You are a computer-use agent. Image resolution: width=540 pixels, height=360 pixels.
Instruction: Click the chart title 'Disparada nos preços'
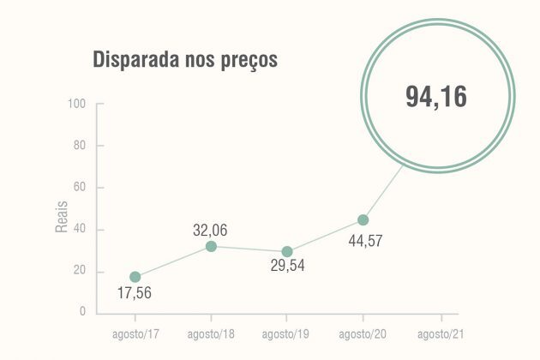184,62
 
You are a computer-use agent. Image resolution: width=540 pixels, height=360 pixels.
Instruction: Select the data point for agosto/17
135,277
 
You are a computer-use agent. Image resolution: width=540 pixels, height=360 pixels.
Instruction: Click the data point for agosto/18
211,247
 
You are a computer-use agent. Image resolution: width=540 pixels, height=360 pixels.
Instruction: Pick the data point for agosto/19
287,252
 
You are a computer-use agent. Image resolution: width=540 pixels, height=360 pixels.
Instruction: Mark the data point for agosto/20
363,220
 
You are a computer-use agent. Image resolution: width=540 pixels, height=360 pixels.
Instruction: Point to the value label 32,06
210,230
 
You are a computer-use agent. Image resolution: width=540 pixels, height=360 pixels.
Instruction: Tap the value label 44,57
364,242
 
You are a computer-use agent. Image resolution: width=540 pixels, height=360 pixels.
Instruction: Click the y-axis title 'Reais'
62,217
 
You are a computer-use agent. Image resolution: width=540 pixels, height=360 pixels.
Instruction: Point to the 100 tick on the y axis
78,104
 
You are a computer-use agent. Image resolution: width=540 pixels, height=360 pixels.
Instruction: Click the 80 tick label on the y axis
81,146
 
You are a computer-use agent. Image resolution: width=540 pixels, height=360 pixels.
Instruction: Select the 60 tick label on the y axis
81,188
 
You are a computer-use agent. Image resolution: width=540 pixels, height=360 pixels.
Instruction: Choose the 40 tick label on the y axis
81,230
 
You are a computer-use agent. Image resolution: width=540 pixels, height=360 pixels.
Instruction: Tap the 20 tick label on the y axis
81,272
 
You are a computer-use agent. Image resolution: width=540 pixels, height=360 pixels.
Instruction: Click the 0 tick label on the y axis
83,312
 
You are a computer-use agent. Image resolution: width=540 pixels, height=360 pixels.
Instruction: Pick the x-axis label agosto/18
211,333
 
